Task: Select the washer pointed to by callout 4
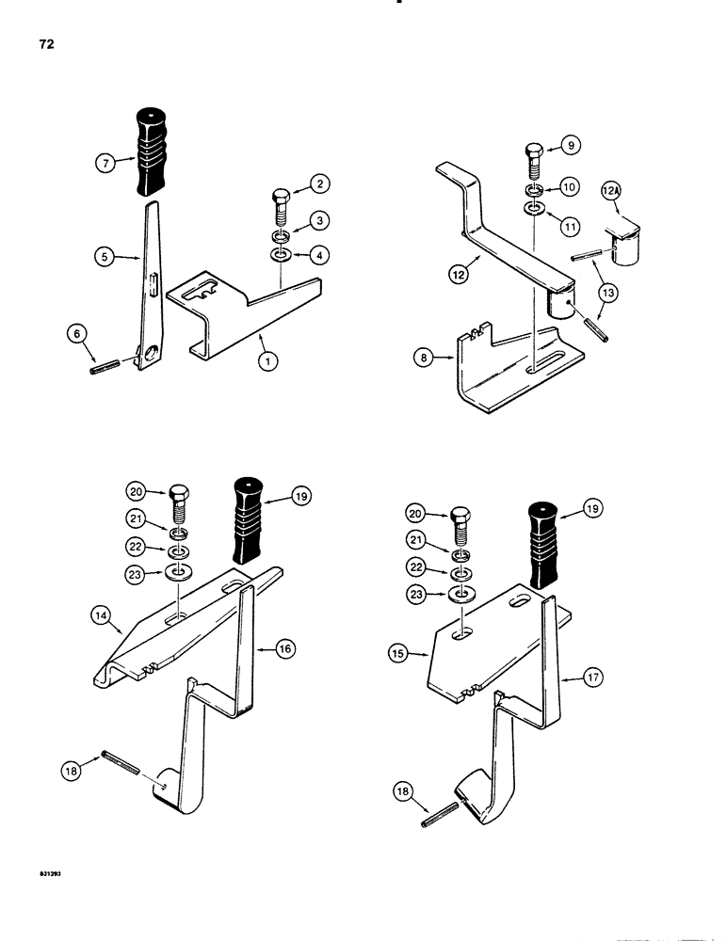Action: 282,256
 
